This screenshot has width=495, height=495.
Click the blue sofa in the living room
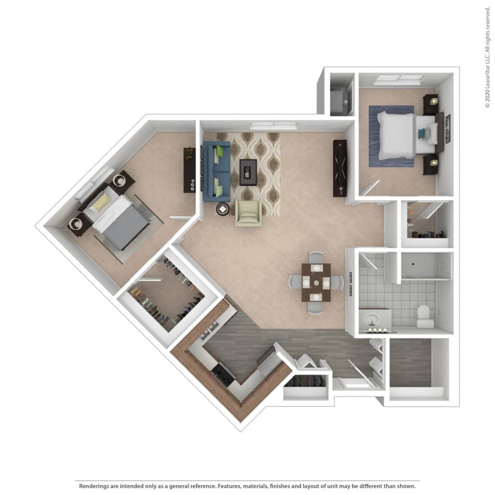217,171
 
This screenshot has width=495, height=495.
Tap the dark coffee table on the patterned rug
248,173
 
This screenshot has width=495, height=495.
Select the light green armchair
248,213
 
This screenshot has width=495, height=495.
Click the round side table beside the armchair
223,209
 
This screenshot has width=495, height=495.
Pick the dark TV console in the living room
340,168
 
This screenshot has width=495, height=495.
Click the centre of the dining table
316,282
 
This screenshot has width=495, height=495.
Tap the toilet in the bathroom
425,316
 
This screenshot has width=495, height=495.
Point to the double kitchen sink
209,329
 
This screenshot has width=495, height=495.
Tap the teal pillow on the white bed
422,133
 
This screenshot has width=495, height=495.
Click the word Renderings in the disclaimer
94,486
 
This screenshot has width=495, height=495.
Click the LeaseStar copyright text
488,57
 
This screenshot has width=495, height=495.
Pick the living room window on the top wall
274,126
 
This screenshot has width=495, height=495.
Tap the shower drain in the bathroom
413,263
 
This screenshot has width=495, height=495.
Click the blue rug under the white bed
392,136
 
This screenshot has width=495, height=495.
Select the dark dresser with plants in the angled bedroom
189,170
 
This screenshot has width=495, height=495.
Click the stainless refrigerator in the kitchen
268,360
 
